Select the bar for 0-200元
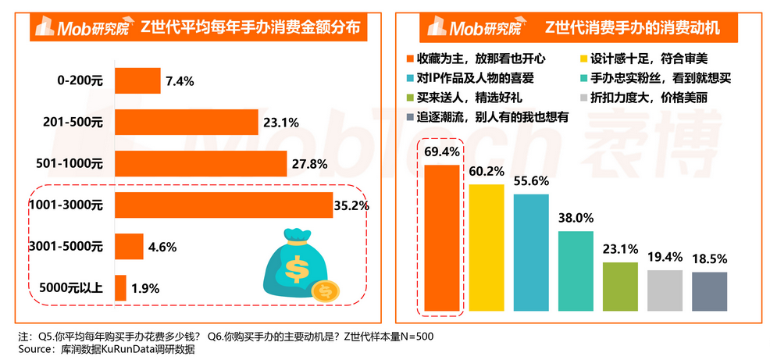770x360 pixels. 137,80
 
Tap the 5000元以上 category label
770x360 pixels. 70,288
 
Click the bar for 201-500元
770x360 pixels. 187,123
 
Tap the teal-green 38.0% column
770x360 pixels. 576,270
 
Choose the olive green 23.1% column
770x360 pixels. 620,285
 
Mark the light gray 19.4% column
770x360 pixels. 665,290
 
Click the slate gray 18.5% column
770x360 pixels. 709,290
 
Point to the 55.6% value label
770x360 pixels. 531,180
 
